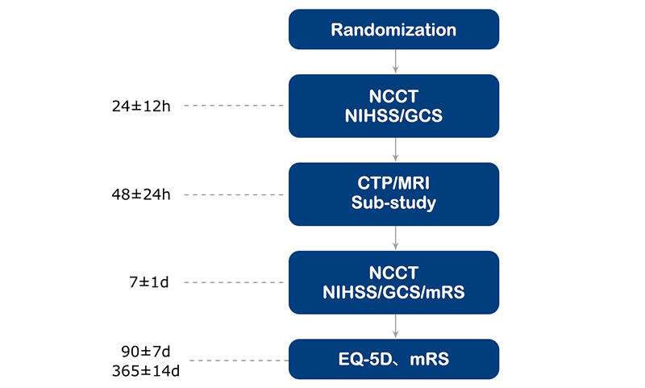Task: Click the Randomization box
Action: pyautogui.click(x=393, y=29)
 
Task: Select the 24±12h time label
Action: pyautogui.click(x=141, y=106)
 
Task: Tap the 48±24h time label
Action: pyautogui.click(x=141, y=194)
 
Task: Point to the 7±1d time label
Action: pyautogui.click(x=149, y=282)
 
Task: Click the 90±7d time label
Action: pyautogui.click(x=146, y=352)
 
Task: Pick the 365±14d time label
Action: pyautogui.click(x=146, y=371)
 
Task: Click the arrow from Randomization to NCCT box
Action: pyautogui.click(x=395, y=62)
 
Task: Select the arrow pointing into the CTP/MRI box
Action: pyautogui.click(x=395, y=150)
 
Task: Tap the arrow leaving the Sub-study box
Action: pyautogui.click(x=395, y=238)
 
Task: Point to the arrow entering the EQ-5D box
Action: pyautogui.click(x=395, y=326)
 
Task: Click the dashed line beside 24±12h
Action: pyautogui.click(x=234, y=106)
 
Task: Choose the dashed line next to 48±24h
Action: pyautogui.click(x=234, y=194)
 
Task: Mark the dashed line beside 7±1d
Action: pyautogui.click(x=234, y=282)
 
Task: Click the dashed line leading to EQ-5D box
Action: pyautogui.click(x=239, y=361)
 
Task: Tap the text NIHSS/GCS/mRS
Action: pyautogui.click(x=393, y=292)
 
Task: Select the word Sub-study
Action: pyautogui.click(x=393, y=202)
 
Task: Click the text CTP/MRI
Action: pyautogui.click(x=393, y=183)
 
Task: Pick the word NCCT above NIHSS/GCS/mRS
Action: pyautogui.click(x=393, y=273)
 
